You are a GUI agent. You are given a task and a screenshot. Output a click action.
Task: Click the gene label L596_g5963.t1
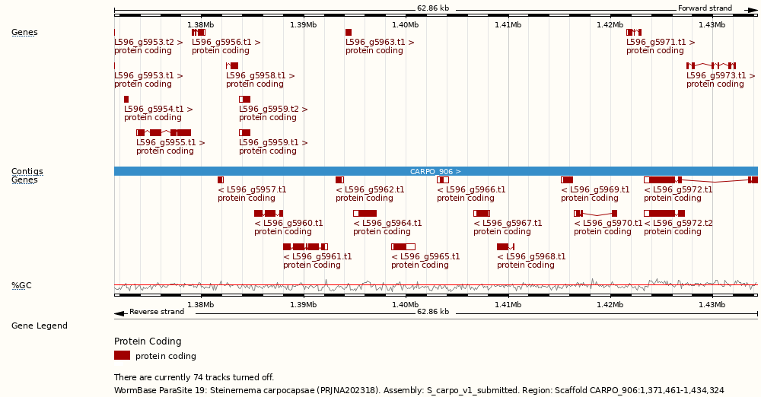[380, 42]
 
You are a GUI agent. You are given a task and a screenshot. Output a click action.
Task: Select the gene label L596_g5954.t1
[158, 109]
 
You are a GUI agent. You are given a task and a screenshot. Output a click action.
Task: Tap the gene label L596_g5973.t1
[721, 75]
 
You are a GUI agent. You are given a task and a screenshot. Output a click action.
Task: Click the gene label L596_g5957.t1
[252, 189]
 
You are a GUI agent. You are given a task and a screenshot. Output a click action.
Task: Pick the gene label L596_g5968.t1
[531, 256]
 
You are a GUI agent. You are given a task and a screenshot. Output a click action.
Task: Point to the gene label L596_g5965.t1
[425, 256]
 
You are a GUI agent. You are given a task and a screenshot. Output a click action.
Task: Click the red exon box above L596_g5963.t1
[349, 32]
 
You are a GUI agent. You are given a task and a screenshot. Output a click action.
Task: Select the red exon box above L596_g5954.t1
[126, 99]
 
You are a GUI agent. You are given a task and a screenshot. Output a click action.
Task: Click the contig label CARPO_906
[435, 171]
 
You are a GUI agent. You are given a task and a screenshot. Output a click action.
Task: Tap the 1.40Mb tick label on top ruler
[405, 25]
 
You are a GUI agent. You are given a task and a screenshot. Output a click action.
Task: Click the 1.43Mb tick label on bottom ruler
[712, 305]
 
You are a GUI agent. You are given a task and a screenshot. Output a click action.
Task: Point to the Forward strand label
[705, 8]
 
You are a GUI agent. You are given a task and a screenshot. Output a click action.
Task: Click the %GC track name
[21, 285]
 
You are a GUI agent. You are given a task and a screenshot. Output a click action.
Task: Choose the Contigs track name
[27, 171]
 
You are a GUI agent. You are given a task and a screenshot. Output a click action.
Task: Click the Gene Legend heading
[40, 326]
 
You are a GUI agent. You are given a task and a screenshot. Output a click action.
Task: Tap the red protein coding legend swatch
[122, 355]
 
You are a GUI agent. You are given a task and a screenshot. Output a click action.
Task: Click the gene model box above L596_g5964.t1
[365, 213]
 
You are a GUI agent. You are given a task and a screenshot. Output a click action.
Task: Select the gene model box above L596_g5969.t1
[567, 179]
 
